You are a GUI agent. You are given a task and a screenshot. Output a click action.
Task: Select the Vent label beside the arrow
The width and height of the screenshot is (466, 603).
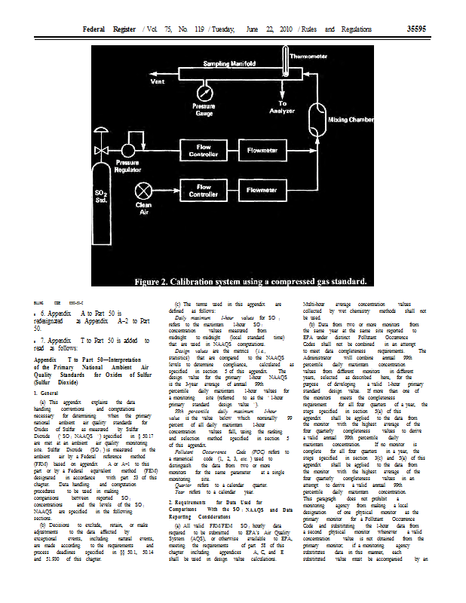coord(159,81)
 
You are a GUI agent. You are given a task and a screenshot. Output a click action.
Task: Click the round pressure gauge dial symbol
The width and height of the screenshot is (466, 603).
coord(204,94)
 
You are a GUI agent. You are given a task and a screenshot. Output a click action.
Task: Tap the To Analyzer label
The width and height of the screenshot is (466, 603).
coord(283,107)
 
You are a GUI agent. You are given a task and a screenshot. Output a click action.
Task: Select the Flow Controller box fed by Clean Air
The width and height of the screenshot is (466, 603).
coord(204,191)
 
